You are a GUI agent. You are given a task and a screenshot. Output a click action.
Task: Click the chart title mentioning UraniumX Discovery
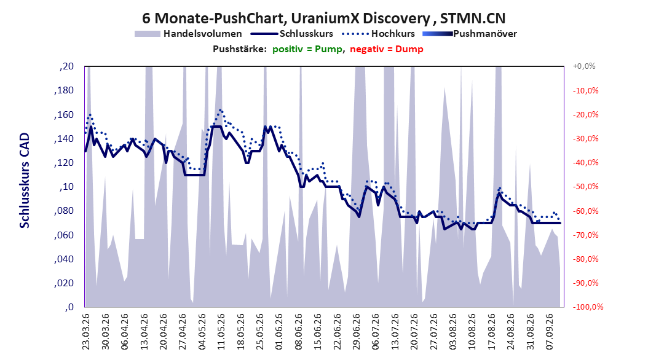[323, 18]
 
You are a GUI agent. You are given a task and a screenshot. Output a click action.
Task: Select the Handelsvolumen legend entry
[189, 34]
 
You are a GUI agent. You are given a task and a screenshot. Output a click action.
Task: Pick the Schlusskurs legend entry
[291, 34]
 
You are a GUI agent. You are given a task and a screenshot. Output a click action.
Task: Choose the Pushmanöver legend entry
[470, 34]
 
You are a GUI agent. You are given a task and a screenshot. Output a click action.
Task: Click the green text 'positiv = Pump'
[307, 49]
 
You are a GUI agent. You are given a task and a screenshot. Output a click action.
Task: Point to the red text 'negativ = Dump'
[387, 49]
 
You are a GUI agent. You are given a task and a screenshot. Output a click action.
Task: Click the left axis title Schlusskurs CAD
[25, 181]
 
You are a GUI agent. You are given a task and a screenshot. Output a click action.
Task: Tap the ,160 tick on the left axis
[64, 115]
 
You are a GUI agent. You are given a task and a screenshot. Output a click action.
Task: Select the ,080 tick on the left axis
[64, 211]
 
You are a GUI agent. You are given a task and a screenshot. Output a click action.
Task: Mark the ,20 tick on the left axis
[66, 66]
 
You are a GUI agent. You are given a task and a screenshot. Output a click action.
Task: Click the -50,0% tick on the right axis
[585, 187]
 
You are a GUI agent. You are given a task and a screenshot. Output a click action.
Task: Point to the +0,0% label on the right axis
[584, 66]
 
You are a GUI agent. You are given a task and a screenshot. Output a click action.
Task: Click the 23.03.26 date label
[86, 332]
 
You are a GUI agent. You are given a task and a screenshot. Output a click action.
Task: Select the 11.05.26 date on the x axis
[221, 332]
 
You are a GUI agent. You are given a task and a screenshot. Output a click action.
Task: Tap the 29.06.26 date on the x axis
[356, 332]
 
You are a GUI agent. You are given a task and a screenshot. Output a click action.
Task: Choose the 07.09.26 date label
[549, 332]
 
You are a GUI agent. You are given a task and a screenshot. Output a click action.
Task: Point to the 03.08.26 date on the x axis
[453, 332]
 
